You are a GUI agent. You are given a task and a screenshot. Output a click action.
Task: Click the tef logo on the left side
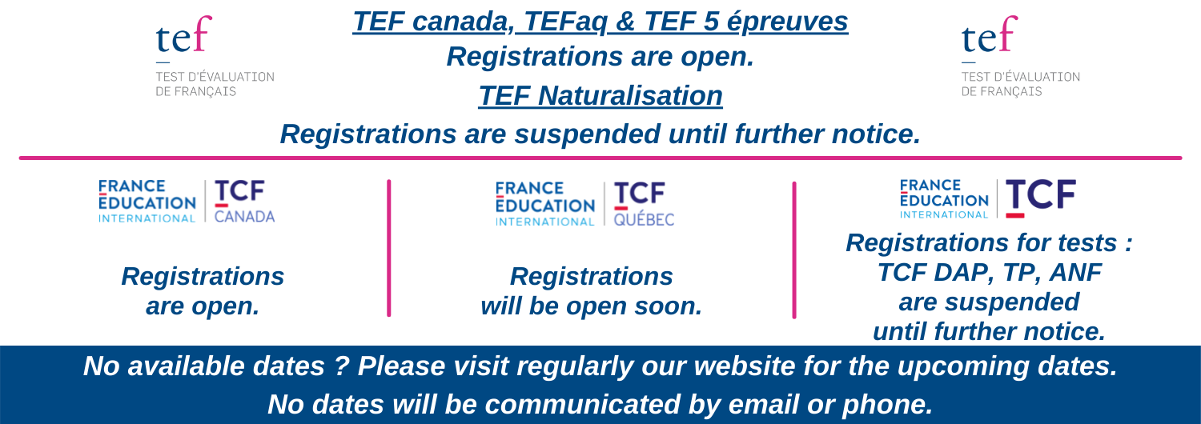pos(215,56)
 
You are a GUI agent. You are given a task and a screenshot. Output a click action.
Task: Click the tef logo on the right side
pos(1021,56)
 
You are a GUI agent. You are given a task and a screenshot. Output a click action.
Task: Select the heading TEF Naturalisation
pos(600,96)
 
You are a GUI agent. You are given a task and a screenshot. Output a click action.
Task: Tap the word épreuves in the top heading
pos(787,22)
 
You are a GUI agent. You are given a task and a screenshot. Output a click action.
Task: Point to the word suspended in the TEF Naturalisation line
pos(587,134)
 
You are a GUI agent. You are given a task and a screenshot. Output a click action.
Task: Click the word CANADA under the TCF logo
pos(244,217)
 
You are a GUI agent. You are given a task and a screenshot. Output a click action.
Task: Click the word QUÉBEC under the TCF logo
pos(644,219)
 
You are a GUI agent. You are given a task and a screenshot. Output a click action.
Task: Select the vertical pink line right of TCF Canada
pos(388,248)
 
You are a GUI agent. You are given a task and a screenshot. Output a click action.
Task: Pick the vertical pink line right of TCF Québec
pos(794,250)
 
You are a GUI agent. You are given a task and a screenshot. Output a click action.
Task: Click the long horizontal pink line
pos(600,158)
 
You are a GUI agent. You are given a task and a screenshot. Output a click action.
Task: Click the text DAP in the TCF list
pos(955,272)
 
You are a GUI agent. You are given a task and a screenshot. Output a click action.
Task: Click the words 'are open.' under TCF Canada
pos(203,306)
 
